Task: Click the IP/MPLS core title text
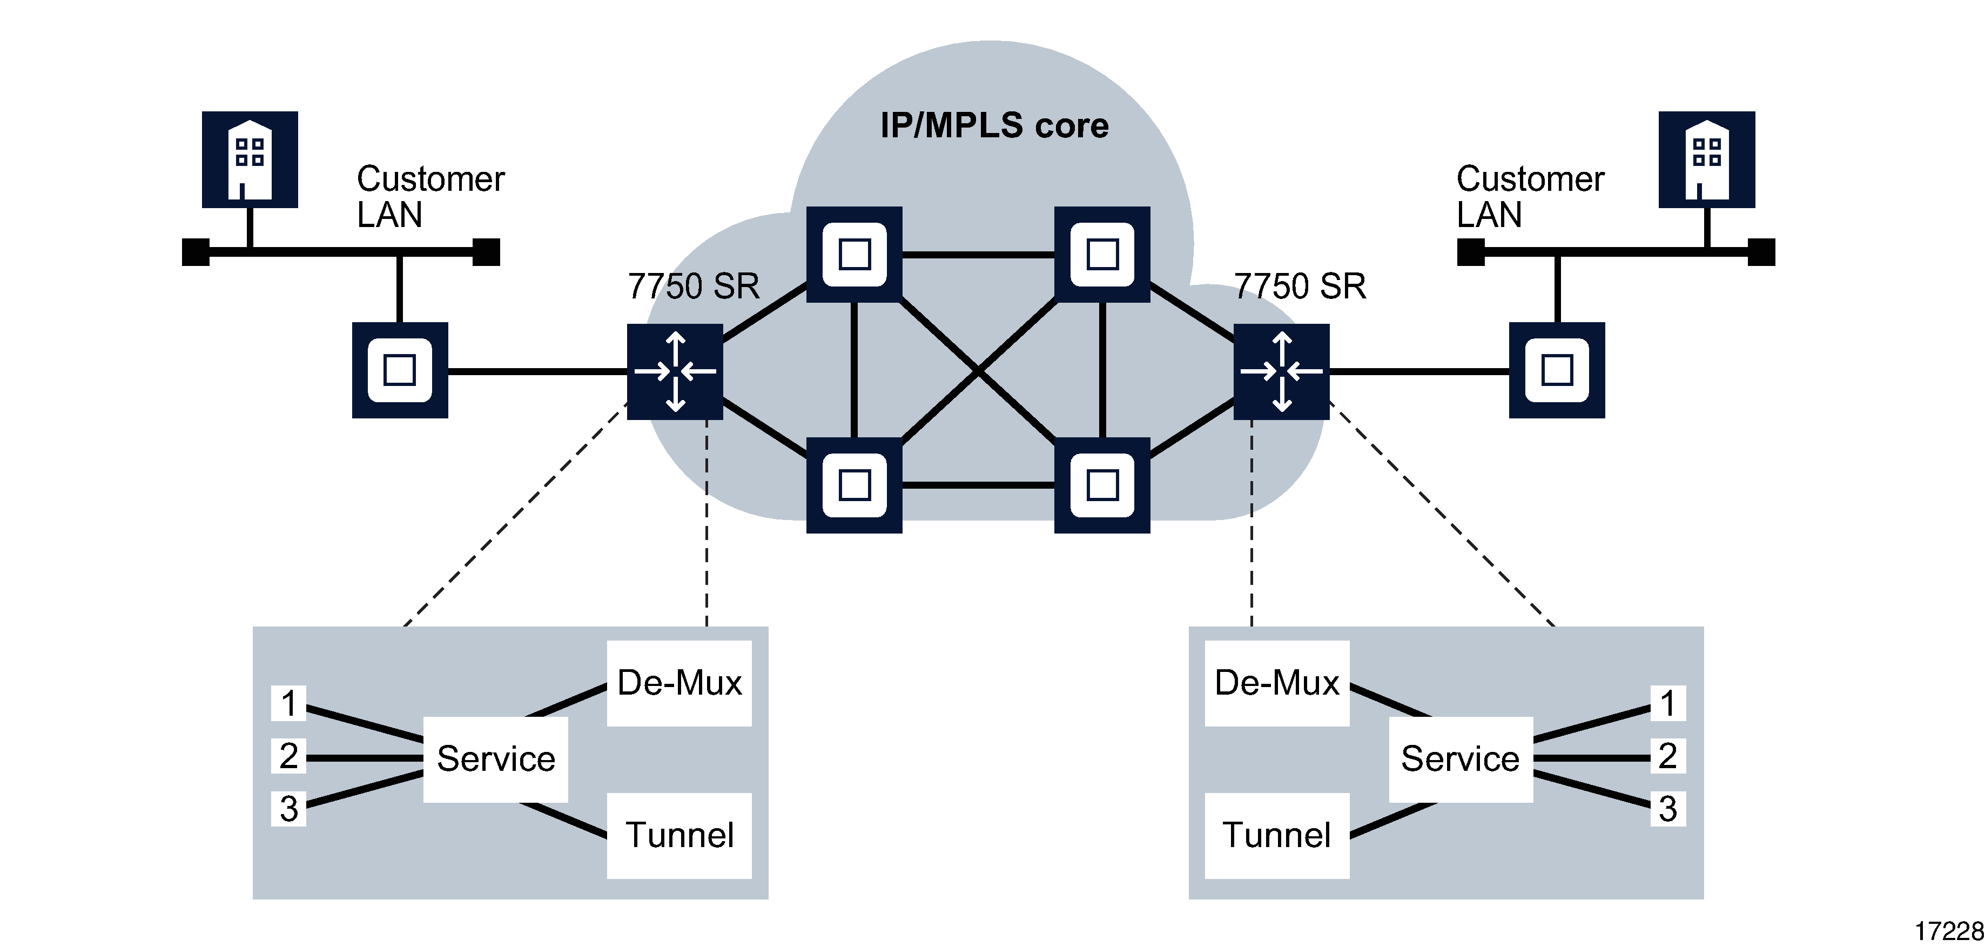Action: [994, 125]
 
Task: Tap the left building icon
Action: [250, 159]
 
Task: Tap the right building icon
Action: [1707, 159]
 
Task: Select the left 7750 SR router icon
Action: [675, 371]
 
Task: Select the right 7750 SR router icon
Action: [1281, 371]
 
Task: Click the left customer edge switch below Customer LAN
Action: [400, 370]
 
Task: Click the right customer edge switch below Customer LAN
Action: [1557, 370]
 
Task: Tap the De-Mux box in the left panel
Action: [679, 683]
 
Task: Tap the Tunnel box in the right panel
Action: [1277, 835]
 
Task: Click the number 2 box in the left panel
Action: [289, 756]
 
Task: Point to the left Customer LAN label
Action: [429, 197]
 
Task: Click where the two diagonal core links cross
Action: [978, 371]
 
